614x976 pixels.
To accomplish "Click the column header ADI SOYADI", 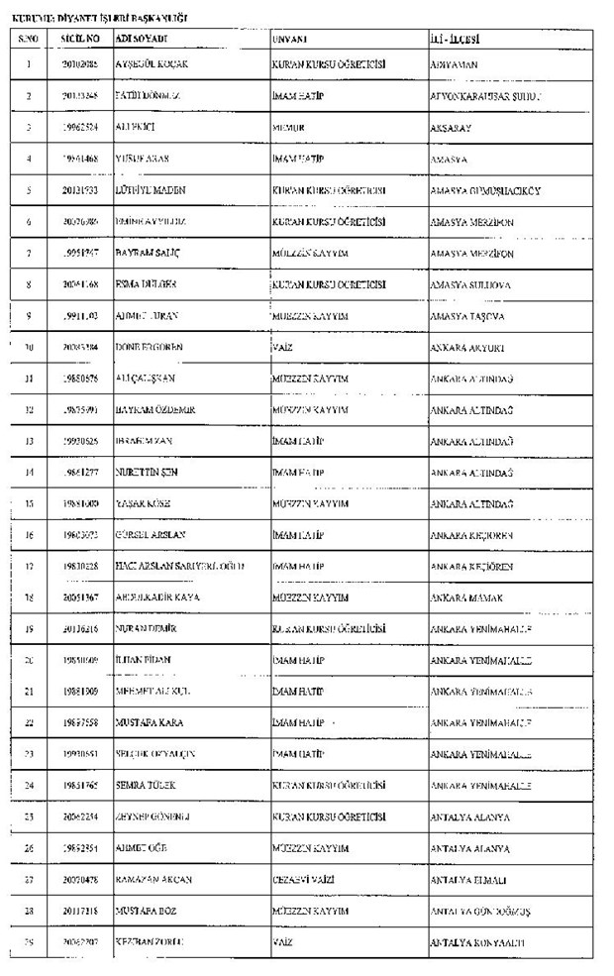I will (142, 39).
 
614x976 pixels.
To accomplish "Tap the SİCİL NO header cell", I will (80, 39).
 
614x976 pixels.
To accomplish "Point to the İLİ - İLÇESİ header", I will (456, 39).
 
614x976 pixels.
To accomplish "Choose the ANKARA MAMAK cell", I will (466, 598).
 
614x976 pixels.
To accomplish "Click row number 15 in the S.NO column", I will (29, 504).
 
